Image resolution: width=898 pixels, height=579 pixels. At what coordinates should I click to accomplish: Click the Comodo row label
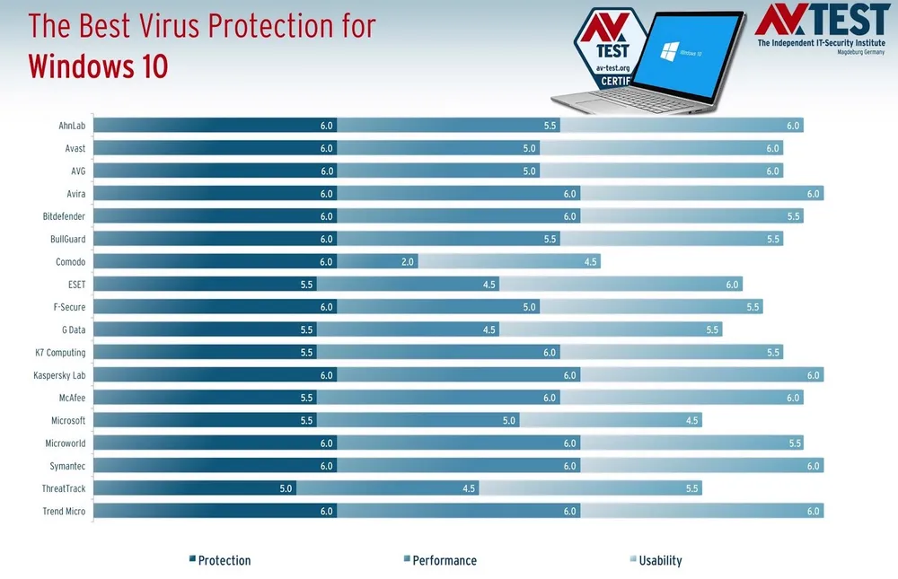pyautogui.click(x=71, y=261)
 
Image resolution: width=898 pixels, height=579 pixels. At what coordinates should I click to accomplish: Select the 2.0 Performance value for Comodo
pyautogui.click(x=407, y=261)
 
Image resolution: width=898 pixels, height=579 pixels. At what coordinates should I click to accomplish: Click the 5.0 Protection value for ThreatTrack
pyautogui.click(x=286, y=488)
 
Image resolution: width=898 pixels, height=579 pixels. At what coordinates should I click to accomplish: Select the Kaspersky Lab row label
pyautogui.click(x=59, y=375)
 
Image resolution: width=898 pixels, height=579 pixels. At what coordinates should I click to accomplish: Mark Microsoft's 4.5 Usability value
pyautogui.click(x=692, y=420)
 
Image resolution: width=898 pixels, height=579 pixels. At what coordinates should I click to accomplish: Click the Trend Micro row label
pyautogui.click(x=64, y=511)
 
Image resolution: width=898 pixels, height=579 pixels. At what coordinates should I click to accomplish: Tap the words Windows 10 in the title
pyautogui.click(x=98, y=66)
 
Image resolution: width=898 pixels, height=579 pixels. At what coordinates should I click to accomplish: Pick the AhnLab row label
pyautogui.click(x=72, y=126)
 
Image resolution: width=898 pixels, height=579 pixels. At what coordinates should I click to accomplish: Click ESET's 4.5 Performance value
pyautogui.click(x=489, y=285)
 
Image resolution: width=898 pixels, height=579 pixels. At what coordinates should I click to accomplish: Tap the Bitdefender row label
pyautogui.click(x=64, y=216)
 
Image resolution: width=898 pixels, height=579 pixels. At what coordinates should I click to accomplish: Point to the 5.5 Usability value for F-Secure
pyautogui.click(x=753, y=307)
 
